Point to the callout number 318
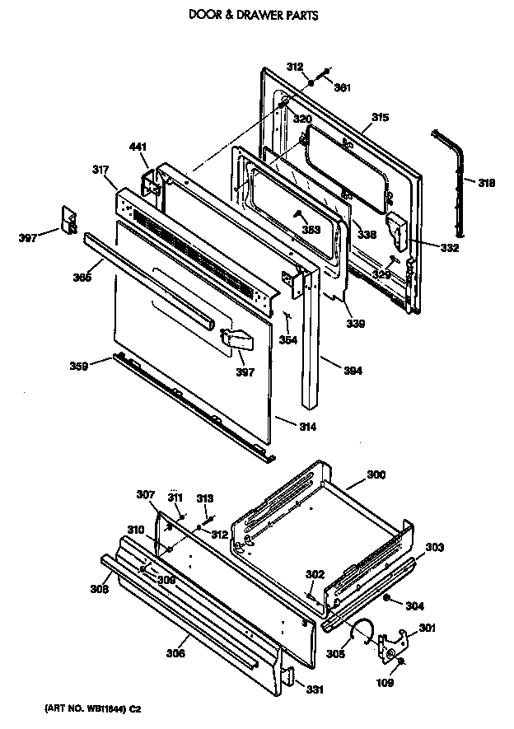click(x=486, y=183)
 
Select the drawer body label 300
click(x=376, y=475)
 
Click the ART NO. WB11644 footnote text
click(x=93, y=709)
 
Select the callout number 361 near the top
click(x=342, y=88)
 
